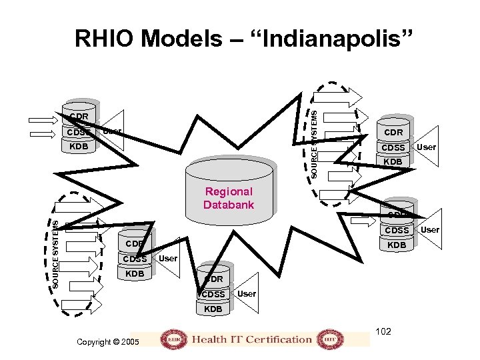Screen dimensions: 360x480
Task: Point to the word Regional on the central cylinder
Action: (x=229, y=192)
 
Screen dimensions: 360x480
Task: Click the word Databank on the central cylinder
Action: (x=229, y=205)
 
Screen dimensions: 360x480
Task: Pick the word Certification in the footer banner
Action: (x=279, y=339)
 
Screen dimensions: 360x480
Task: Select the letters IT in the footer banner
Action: (x=237, y=339)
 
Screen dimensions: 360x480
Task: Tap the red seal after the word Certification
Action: (x=327, y=339)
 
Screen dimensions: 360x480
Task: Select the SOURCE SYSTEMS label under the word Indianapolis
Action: (x=315, y=143)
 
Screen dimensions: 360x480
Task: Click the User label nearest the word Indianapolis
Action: (x=427, y=147)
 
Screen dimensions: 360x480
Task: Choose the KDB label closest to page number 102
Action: (x=397, y=245)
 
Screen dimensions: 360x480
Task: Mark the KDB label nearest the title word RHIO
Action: (x=79, y=146)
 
